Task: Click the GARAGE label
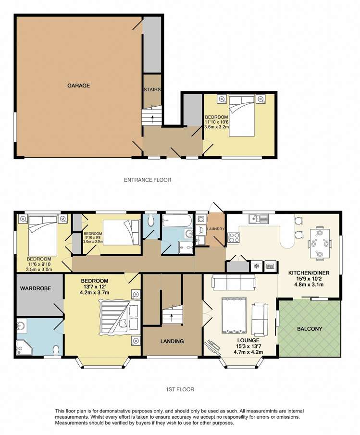[x=78, y=86]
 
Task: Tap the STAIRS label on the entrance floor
[x=152, y=89]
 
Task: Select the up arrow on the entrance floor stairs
[x=153, y=117]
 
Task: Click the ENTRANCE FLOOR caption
[x=148, y=180]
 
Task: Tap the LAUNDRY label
[x=215, y=229]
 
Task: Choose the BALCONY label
[x=310, y=329]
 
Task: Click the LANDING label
[x=172, y=341]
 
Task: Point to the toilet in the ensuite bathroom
[x=56, y=350]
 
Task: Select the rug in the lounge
[x=234, y=315]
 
